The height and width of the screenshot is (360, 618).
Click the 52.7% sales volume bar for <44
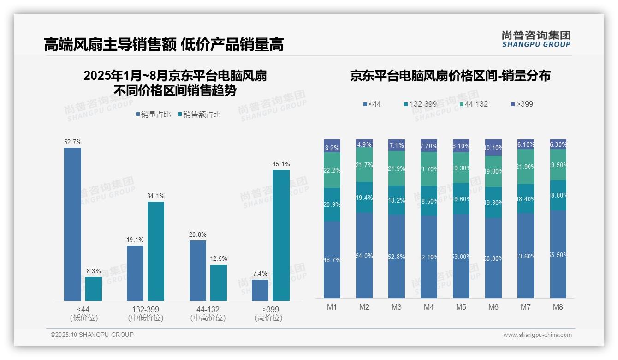72,224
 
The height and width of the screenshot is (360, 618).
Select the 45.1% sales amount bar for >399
281,235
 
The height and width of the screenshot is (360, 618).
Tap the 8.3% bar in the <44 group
94,289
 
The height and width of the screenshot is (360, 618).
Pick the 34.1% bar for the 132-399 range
156,251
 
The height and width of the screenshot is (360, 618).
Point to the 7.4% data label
260,273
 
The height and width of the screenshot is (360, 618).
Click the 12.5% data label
219,258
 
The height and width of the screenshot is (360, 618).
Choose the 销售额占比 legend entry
199,114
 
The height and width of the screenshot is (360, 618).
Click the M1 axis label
332,307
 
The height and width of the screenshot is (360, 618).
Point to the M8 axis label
558,307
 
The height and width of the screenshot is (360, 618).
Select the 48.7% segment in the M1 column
332,259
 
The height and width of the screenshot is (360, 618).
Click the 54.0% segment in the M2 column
364,255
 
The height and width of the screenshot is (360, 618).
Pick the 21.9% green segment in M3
397,168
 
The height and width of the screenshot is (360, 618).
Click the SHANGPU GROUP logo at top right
536,39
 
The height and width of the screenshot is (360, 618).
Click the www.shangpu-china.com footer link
537,335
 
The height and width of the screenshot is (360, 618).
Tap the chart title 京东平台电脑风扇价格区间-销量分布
450,76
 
